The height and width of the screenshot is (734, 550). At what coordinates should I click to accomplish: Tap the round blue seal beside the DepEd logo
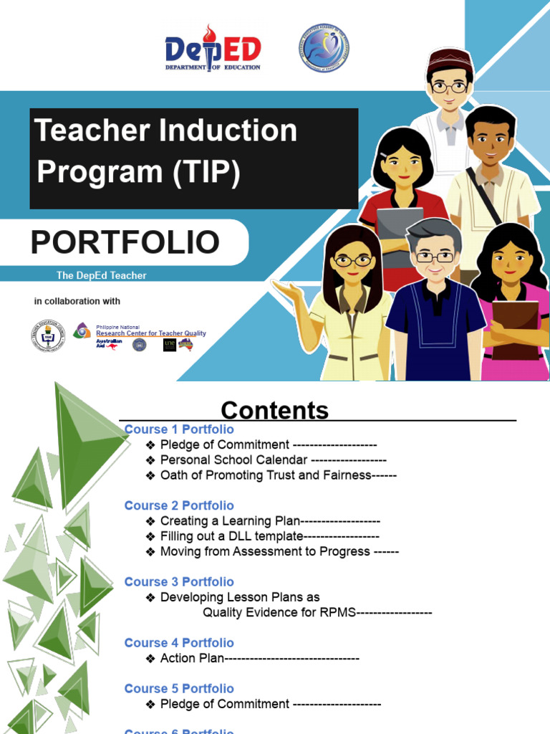click(324, 48)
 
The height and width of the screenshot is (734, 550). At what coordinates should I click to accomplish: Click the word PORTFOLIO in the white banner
click(125, 242)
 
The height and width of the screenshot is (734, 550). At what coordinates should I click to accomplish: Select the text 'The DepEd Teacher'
click(101, 275)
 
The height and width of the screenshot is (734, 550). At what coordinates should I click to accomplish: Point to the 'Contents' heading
click(274, 411)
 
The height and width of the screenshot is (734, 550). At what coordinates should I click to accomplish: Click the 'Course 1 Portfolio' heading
click(179, 429)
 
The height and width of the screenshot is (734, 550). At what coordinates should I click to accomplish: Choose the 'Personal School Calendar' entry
click(233, 460)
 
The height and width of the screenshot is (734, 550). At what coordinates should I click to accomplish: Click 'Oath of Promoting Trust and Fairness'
click(266, 475)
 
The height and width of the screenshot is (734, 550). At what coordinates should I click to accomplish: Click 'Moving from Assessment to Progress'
click(265, 551)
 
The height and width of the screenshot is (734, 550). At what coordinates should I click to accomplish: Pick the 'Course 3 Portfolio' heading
click(179, 582)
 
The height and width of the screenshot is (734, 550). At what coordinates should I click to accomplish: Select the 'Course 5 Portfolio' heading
click(179, 689)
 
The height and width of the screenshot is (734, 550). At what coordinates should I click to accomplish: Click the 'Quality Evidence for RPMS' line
click(279, 612)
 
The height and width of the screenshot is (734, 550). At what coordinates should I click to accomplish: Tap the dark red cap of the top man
click(450, 59)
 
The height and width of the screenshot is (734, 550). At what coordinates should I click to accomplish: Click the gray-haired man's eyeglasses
click(435, 256)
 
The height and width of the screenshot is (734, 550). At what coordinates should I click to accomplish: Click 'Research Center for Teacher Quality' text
click(150, 333)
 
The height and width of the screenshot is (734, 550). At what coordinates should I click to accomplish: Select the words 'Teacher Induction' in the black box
click(165, 131)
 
